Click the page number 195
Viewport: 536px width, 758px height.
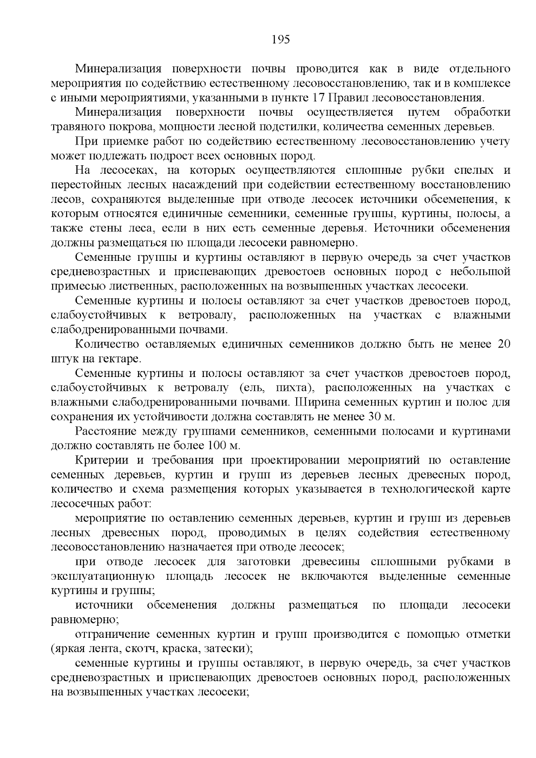[281, 40]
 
